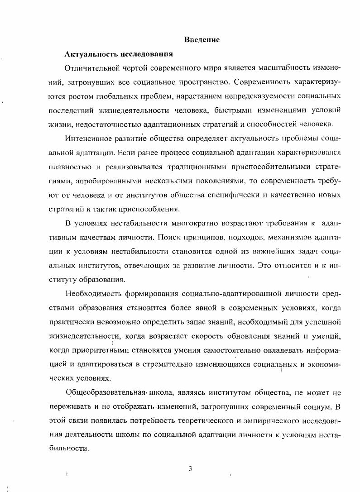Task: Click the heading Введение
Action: (x=202, y=40)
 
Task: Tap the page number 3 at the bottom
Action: (x=191, y=468)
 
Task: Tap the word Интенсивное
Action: (x=87, y=139)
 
